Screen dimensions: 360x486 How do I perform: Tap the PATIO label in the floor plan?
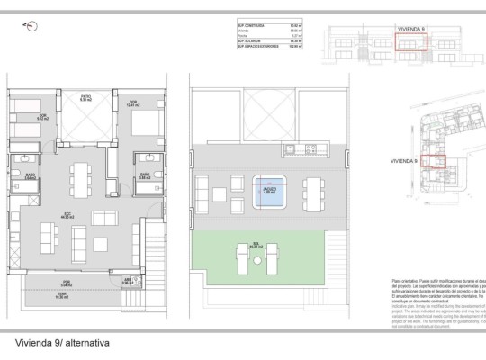(85, 99)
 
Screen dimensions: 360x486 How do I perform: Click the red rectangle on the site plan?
(435, 162)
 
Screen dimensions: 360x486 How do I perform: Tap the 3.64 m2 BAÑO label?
(30, 178)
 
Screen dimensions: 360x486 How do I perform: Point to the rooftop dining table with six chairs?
(312, 190)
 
